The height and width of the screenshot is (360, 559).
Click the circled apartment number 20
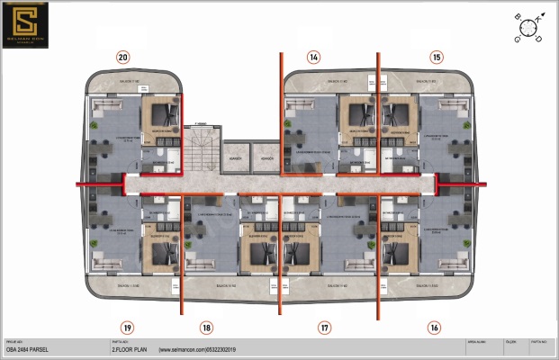pyautogui.click(x=122, y=58)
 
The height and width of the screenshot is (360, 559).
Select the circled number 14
pyautogui.click(x=313, y=58)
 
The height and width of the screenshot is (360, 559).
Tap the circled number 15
pyautogui.click(x=437, y=58)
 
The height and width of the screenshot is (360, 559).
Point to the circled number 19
pyautogui.click(x=128, y=328)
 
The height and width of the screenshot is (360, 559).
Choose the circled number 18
pyautogui.click(x=207, y=328)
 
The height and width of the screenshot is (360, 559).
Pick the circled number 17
pyautogui.click(x=324, y=328)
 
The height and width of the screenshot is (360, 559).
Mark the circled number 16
pyautogui.click(x=435, y=328)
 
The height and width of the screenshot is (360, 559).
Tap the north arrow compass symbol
pyautogui.click(x=529, y=28)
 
